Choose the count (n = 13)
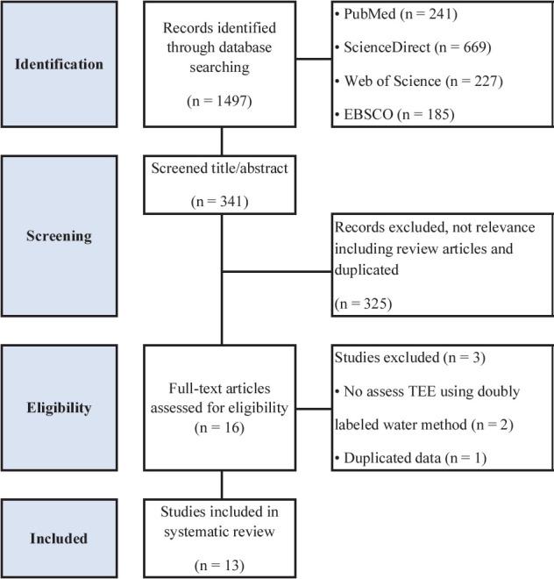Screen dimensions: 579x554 point(223,564)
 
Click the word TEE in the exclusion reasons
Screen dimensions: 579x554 point(408,391)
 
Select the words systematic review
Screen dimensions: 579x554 point(223,533)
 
